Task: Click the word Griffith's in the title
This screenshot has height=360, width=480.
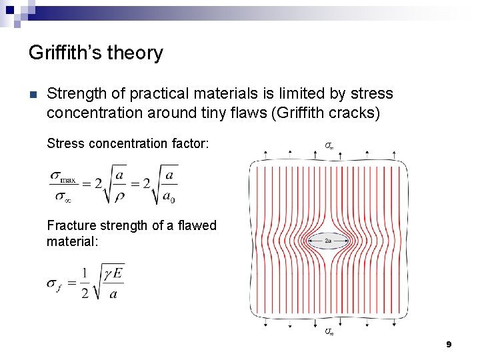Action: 67,53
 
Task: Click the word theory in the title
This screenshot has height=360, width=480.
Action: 137,53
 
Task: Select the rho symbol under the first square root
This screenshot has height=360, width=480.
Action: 119,198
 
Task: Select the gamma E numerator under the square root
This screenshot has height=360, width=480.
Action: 113,273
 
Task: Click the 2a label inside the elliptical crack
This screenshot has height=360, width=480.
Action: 328,240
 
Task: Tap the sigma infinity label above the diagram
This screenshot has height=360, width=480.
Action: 329,144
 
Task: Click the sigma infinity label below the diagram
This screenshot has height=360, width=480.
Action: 329,331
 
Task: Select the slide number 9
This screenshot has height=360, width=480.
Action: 449,344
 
